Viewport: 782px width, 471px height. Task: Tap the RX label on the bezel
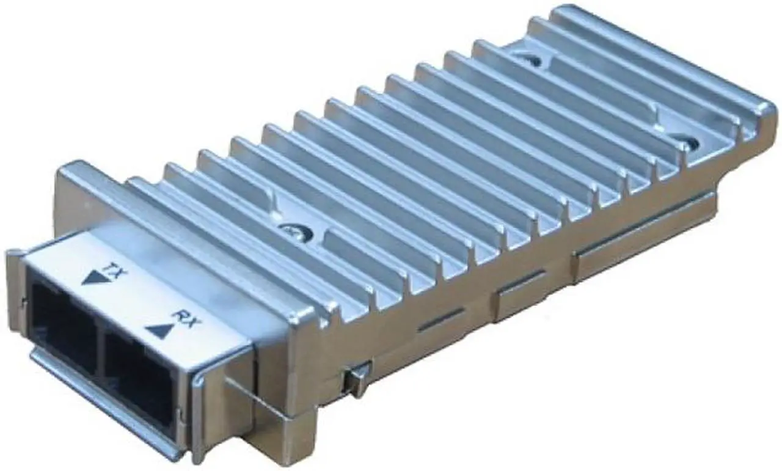tap(182, 317)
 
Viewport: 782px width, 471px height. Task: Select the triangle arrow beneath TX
tap(93, 279)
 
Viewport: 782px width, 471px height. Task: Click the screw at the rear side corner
tap(689, 144)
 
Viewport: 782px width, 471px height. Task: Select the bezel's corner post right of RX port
tap(202, 415)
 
